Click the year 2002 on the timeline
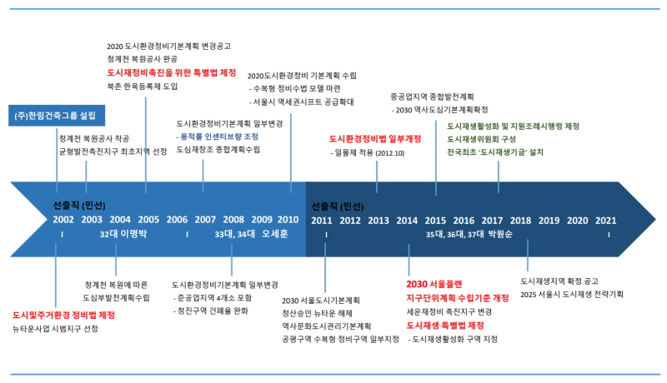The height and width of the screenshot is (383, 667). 63,220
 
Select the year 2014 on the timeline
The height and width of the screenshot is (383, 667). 407,221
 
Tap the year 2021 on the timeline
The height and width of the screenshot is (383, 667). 606,221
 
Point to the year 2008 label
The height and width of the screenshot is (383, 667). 233,220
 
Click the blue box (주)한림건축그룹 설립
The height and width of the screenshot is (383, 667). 57,116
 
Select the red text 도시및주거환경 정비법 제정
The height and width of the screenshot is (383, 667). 64,315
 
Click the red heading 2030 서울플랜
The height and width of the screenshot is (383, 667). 434,284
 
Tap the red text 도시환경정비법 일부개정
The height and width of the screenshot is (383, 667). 374,139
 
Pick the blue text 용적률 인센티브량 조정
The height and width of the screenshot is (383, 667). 218,137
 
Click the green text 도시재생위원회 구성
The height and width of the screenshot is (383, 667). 481,139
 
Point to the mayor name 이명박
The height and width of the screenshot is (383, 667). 133,234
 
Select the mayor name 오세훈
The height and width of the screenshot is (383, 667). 275,234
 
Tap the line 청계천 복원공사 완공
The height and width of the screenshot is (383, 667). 142,58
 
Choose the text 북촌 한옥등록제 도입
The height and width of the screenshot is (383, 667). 142,87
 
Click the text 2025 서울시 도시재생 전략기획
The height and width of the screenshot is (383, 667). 572,294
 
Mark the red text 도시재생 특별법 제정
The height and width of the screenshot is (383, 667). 445,326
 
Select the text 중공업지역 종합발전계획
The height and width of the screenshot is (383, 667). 432,97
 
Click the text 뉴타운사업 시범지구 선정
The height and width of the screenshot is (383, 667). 55,329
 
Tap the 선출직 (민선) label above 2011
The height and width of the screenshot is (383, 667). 338,206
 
